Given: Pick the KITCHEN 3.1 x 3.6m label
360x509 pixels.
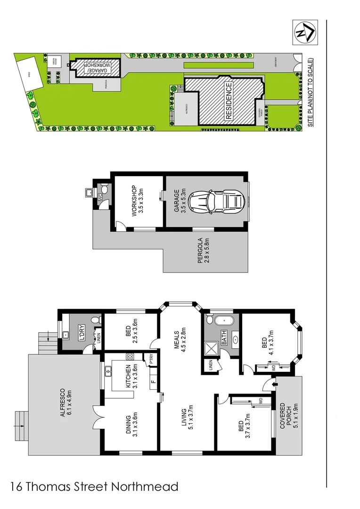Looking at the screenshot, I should click(131, 376).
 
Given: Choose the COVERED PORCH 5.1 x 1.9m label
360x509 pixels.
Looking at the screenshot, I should click(289, 419).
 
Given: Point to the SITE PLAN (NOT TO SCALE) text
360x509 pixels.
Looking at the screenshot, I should click(310, 92).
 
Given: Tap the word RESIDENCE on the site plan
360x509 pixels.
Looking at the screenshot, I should click(228, 101).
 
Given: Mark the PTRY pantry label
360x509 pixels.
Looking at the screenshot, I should click(151, 359).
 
